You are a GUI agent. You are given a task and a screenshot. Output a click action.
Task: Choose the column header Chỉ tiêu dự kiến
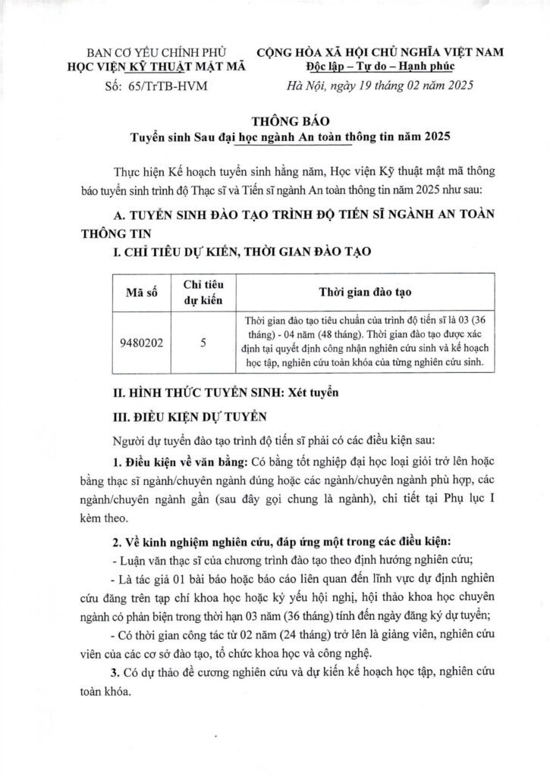(203, 291)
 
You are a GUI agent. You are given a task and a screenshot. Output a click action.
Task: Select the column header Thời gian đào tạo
(369, 291)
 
